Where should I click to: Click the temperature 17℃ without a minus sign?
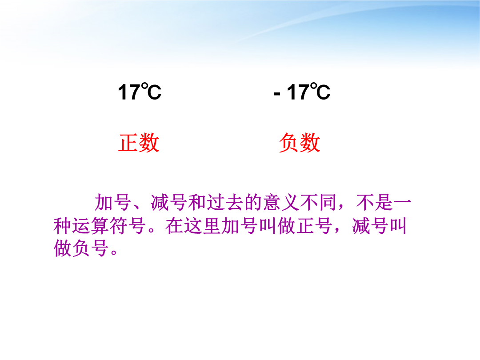click(x=140, y=92)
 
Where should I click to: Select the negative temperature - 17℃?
click(x=302, y=92)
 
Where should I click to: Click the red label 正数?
click(x=139, y=143)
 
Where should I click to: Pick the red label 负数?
click(x=300, y=143)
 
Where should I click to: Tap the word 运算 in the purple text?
click(x=91, y=226)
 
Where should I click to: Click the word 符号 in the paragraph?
click(x=128, y=226)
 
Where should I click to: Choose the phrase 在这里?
click(x=193, y=226)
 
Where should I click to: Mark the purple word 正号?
click(x=314, y=226)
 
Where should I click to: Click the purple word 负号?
click(x=91, y=248)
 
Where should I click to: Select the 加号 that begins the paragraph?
click(x=113, y=202)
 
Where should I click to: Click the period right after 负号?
click(x=114, y=252)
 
